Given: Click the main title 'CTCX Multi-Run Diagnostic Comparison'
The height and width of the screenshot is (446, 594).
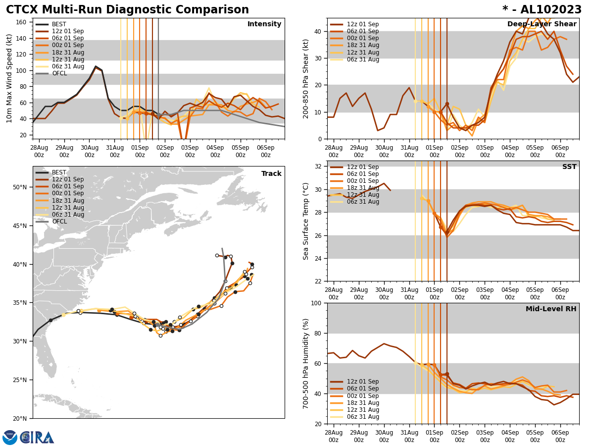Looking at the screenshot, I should (127, 10).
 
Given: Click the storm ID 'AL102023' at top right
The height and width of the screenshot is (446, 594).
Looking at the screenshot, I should (548, 10).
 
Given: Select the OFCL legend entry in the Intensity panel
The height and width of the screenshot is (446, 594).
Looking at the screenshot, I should (59, 73).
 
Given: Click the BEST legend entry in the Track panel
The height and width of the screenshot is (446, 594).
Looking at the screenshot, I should (59, 172).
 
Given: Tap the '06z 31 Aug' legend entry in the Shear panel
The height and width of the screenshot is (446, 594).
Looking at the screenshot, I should (363, 59).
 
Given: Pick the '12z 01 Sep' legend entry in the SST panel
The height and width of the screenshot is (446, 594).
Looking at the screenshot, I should (363, 167).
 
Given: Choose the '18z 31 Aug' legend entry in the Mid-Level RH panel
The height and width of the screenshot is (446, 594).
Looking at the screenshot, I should (363, 403).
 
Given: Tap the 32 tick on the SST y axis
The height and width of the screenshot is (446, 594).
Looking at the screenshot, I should (319, 167).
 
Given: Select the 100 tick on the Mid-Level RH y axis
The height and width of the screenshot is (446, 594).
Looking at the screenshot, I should (317, 303).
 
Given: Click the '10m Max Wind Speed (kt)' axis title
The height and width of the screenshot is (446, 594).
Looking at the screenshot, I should (9, 78).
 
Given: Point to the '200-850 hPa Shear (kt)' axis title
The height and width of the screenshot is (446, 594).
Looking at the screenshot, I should (306, 78).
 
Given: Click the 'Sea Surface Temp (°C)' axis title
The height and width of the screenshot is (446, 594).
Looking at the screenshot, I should (306, 221).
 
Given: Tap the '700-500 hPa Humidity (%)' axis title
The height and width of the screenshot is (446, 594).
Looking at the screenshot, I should (306, 363).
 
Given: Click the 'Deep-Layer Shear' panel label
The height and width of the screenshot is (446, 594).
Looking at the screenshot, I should (542, 24).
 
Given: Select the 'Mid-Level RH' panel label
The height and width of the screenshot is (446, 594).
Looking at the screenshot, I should (551, 309).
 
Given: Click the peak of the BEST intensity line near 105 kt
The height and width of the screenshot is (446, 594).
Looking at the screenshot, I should (96, 66).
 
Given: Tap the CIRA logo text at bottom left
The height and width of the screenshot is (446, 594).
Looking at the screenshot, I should (37, 438).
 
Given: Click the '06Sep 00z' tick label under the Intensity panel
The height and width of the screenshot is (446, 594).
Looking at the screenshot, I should (266, 151).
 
